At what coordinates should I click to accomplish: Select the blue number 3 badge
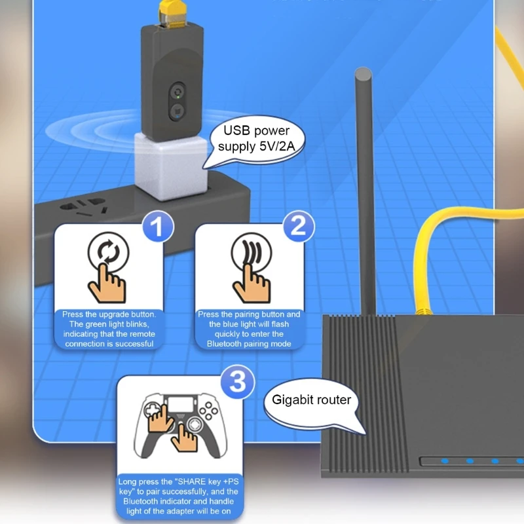click(x=238, y=381)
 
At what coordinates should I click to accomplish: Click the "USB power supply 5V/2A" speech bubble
click(x=256, y=140)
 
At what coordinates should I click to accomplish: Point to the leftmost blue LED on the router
click(x=445, y=461)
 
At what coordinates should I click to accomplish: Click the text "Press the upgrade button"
click(x=109, y=314)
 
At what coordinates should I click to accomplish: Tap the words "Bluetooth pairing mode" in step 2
click(x=249, y=344)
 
